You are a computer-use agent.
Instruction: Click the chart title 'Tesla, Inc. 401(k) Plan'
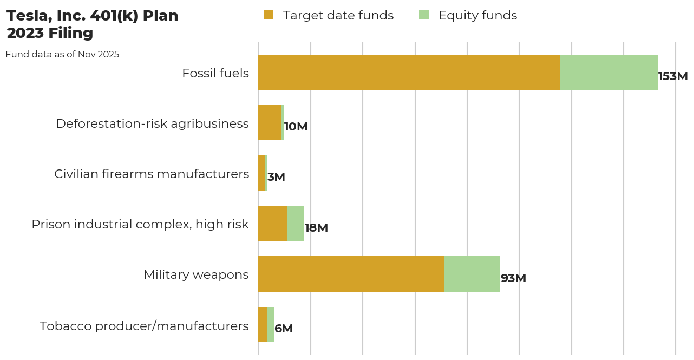(92, 16)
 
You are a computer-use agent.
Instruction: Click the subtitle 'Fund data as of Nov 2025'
(62, 55)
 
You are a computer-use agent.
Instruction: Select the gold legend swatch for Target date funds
(269, 15)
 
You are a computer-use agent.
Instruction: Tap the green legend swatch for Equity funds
(424, 15)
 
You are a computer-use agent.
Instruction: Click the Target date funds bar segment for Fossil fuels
(409, 72)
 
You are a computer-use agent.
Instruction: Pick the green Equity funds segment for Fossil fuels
(608, 72)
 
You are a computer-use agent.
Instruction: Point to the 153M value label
(673, 76)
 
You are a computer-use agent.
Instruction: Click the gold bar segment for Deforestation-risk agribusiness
(270, 122)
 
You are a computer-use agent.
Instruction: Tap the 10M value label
(296, 127)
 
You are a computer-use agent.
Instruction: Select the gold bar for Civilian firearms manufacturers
(262, 173)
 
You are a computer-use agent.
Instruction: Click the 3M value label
(276, 177)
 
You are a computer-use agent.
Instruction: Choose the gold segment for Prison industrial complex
(273, 223)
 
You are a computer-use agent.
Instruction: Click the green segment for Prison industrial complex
(296, 223)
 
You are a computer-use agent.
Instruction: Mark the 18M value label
(316, 228)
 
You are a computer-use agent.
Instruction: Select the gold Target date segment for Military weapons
(351, 274)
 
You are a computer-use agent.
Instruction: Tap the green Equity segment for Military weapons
(472, 274)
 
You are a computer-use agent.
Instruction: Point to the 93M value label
(513, 278)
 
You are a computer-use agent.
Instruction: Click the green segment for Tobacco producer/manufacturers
(271, 324)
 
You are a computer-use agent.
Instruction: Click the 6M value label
(284, 329)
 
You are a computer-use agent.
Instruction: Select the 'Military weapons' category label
(196, 274)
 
